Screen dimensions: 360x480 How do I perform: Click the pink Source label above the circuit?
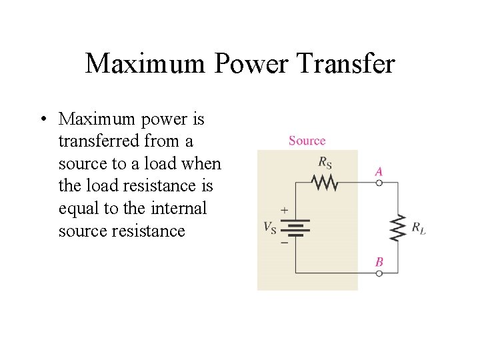[x=307, y=141]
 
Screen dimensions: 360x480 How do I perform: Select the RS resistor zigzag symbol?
[x=325, y=181]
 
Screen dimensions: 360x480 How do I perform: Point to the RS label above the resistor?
[x=325, y=161]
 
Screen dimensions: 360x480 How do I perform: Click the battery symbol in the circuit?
[x=296, y=227]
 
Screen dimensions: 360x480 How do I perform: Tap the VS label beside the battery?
[x=271, y=227]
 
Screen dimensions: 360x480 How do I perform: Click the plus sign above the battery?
[x=284, y=210]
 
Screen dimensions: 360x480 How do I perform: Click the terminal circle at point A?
[x=379, y=182]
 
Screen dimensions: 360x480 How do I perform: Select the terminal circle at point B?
[x=379, y=273]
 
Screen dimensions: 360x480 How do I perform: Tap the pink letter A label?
[x=379, y=171]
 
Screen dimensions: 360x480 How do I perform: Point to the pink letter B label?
[x=379, y=262]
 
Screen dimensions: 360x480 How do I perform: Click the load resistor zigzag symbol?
[x=398, y=227]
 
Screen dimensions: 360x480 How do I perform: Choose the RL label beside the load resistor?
[x=418, y=228]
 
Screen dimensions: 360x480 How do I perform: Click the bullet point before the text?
[x=43, y=120]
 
